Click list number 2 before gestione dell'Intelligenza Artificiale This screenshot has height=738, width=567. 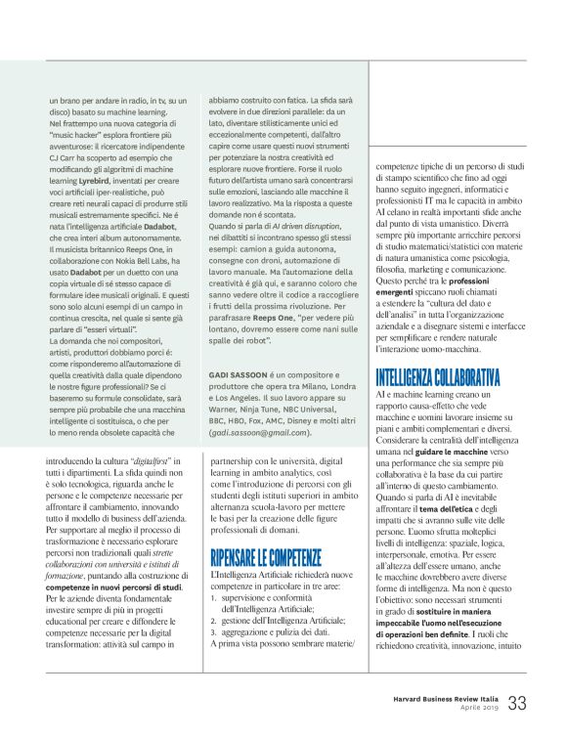[x=214, y=606]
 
